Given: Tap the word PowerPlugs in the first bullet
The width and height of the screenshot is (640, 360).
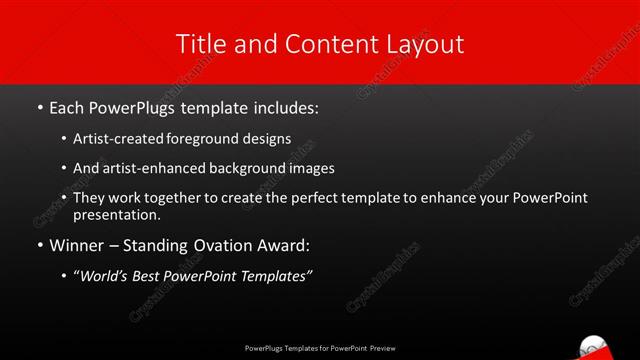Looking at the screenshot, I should point(137,106).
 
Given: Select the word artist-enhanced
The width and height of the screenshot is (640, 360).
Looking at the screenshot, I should point(149,169).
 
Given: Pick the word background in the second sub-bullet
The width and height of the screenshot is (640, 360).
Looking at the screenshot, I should point(256,169).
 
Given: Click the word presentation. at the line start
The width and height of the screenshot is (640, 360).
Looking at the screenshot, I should point(116,214).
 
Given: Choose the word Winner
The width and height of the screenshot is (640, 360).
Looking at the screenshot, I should point(76,245).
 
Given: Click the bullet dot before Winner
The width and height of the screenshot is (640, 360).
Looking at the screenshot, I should point(39,246).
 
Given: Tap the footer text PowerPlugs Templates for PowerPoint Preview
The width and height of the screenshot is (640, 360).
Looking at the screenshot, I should point(320,349).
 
